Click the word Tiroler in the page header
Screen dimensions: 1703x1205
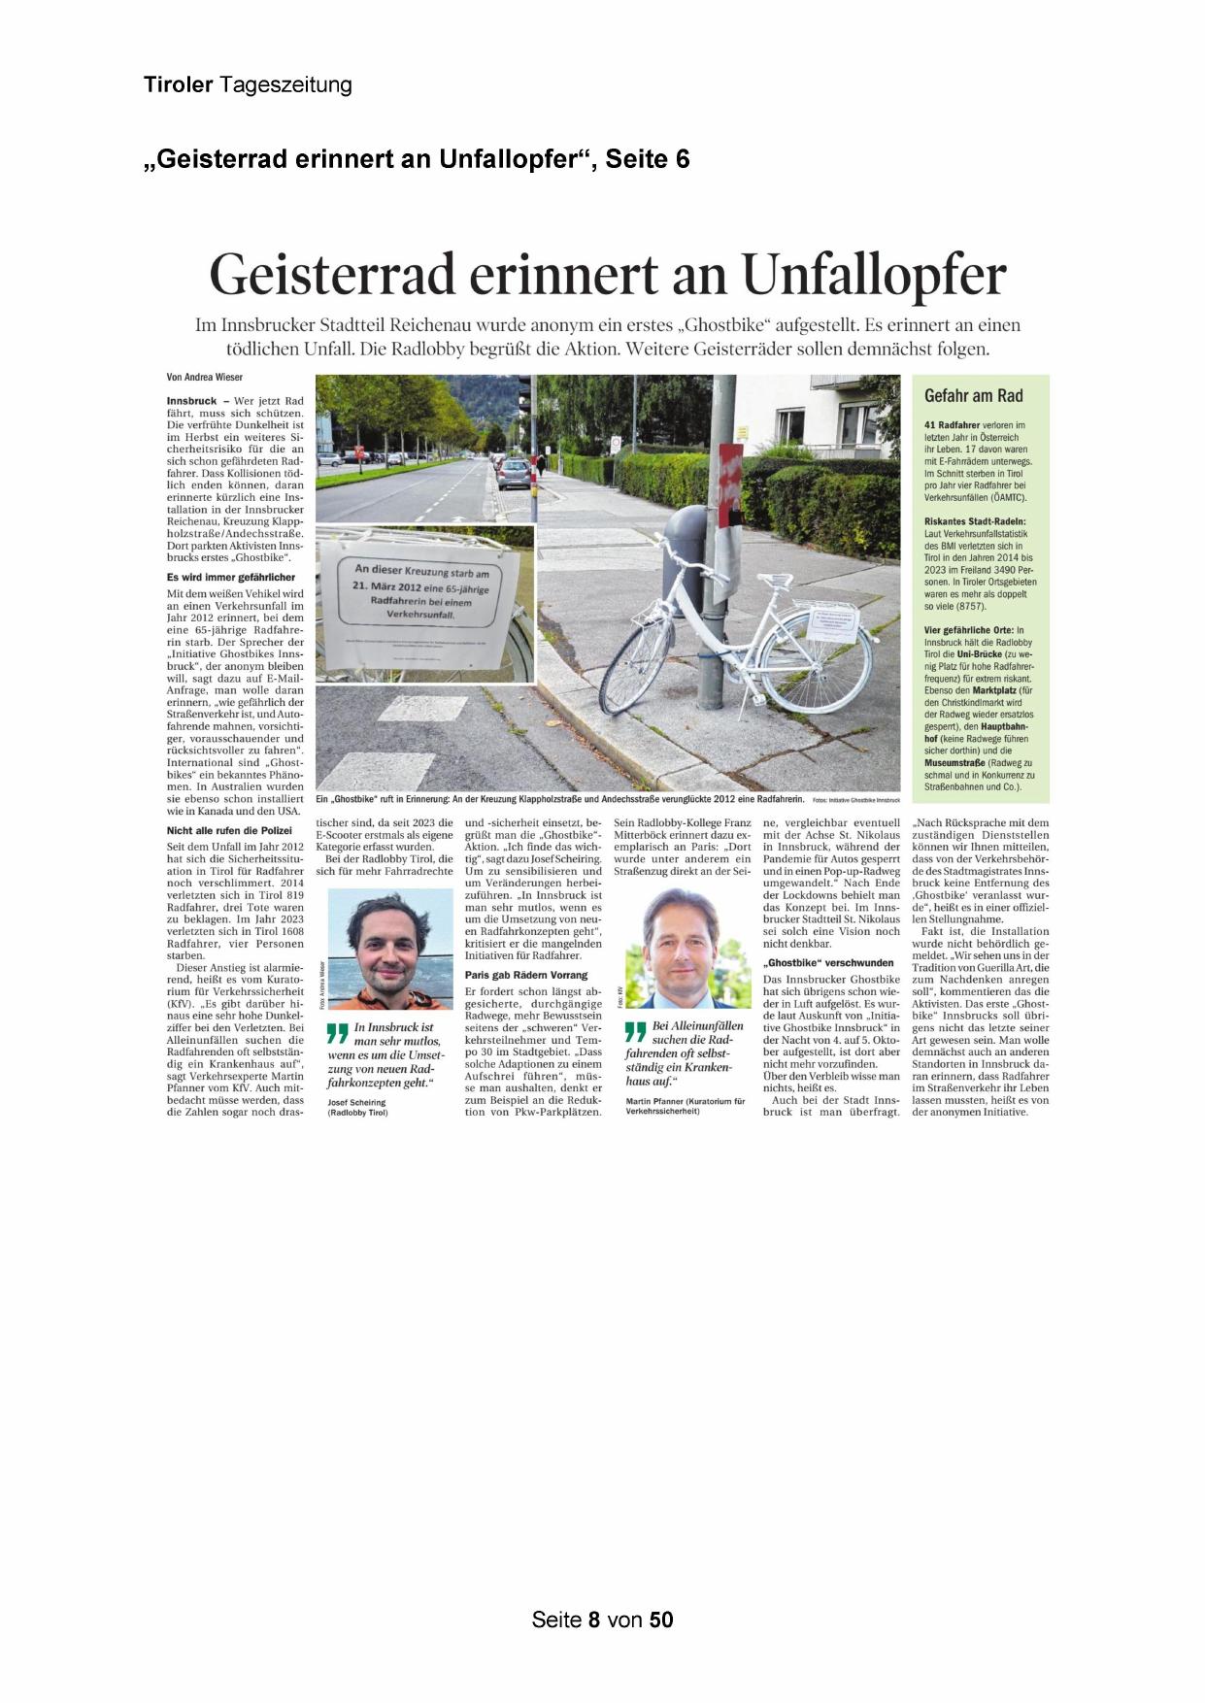[179, 85]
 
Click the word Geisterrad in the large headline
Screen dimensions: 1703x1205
[332, 275]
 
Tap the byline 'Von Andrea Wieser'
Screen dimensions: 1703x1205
[205, 378]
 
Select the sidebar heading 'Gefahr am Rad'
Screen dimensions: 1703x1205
[973, 396]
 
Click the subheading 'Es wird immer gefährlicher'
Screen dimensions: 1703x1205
[231, 578]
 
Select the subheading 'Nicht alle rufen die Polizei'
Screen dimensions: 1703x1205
[229, 831]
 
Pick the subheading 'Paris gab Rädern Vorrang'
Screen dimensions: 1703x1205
[526, 975]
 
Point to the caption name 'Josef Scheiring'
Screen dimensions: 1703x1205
[357, 1103]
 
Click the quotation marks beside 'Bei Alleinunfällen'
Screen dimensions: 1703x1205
[636, 1031]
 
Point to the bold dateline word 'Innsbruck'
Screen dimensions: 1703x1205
[191, 401]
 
